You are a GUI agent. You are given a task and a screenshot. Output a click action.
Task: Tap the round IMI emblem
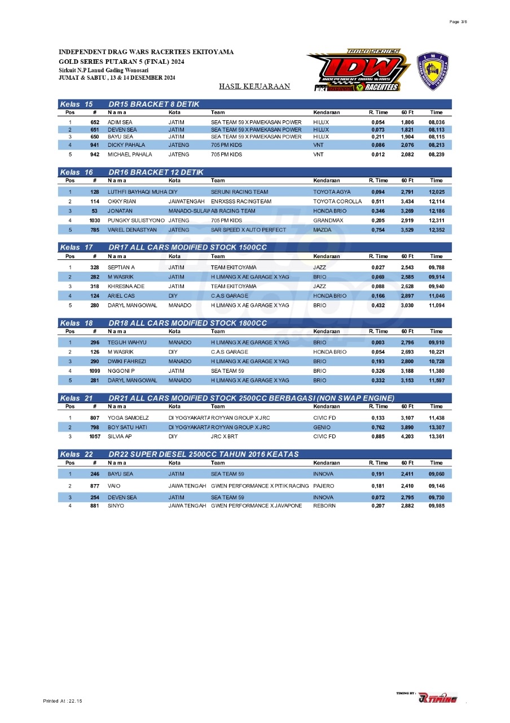tap(432, 71)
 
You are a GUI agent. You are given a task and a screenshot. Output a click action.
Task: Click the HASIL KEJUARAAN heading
tap(254, 86)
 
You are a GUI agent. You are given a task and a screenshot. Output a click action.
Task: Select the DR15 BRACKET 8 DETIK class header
tap(156, 104)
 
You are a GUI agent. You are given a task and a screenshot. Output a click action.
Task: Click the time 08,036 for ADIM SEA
tap(436, 122)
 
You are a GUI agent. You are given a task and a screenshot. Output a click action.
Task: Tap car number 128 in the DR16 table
tap(95, 192)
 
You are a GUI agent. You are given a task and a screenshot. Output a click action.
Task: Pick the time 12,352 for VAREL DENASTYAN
tap(436, 230)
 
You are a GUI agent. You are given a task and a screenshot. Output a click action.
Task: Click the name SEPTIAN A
tap(121, 267)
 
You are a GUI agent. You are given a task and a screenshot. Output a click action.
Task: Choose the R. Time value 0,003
tap(378, 342)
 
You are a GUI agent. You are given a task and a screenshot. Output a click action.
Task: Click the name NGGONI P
tap(121, 371)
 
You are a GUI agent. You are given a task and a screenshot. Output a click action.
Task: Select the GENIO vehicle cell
tap(322, 427)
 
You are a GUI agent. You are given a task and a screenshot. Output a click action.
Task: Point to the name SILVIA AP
tap(120, 437)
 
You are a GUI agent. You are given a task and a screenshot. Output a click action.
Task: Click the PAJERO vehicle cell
tap(324, 486)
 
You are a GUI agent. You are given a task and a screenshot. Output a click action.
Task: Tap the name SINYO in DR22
tap(116, 506)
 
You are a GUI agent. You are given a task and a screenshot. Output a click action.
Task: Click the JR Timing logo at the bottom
tap(438, 698)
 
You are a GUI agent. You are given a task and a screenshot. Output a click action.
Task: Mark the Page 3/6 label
tap(458, 21)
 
